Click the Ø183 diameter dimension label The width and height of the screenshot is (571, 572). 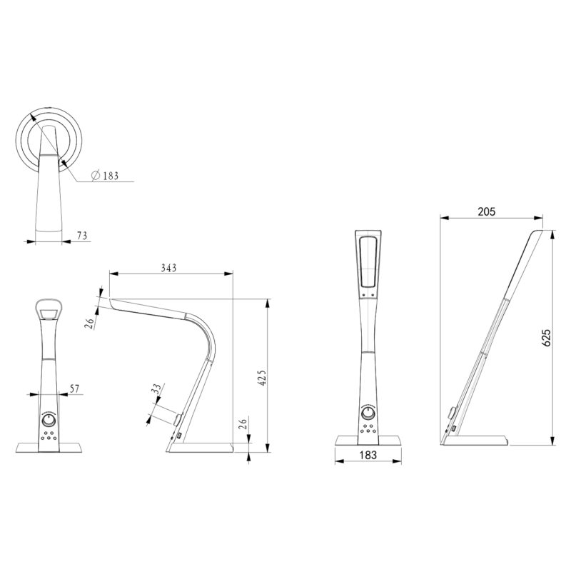point(108,176)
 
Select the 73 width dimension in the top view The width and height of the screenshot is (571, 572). point(81,235)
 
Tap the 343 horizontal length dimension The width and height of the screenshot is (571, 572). point(168,268)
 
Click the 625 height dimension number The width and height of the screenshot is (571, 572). point(546,338)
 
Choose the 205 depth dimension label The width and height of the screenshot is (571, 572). point(487,211)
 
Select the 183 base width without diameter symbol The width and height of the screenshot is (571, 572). point(368,455)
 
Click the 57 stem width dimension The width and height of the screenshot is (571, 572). point(74,388)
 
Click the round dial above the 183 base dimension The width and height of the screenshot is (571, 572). point(368,414)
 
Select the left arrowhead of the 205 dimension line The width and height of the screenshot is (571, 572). point(443,219)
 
